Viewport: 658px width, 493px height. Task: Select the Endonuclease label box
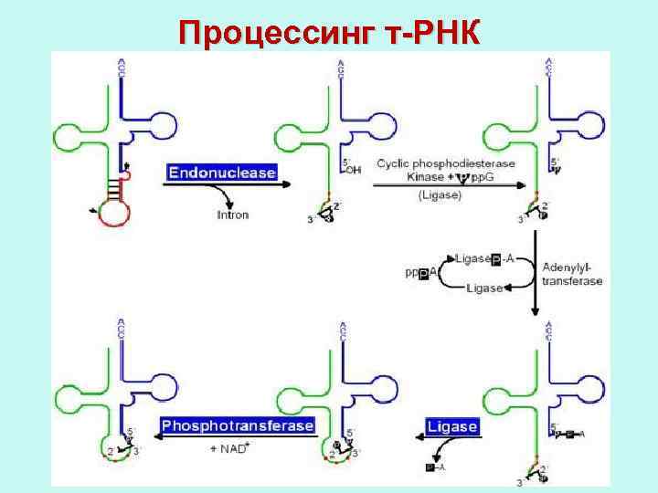tap(221, 171)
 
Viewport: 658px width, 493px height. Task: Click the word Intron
tap(233, 215)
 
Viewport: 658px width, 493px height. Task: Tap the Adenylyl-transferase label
tap(573, 274)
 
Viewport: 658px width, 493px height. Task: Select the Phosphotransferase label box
tap(238, 425)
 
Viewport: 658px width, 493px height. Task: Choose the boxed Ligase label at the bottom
tap(452, 427)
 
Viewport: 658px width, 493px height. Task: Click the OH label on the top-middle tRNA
tap(353, 170)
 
